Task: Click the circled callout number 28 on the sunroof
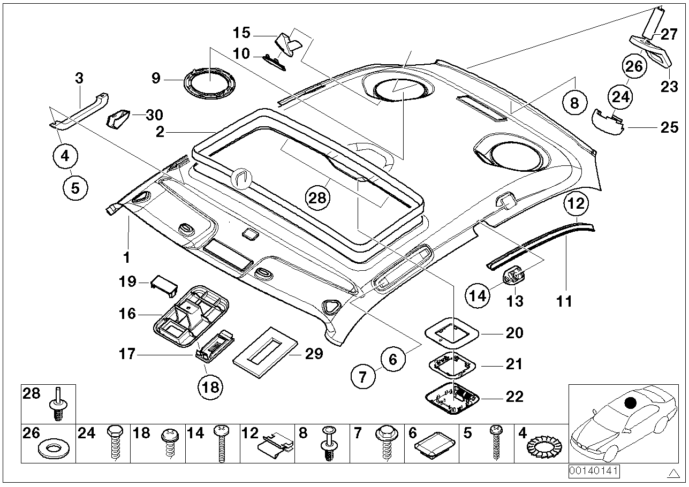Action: (317, 198)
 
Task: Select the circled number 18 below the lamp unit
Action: (211, 386)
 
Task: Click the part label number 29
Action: (314, 354)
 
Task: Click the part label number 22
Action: (514, 398)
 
